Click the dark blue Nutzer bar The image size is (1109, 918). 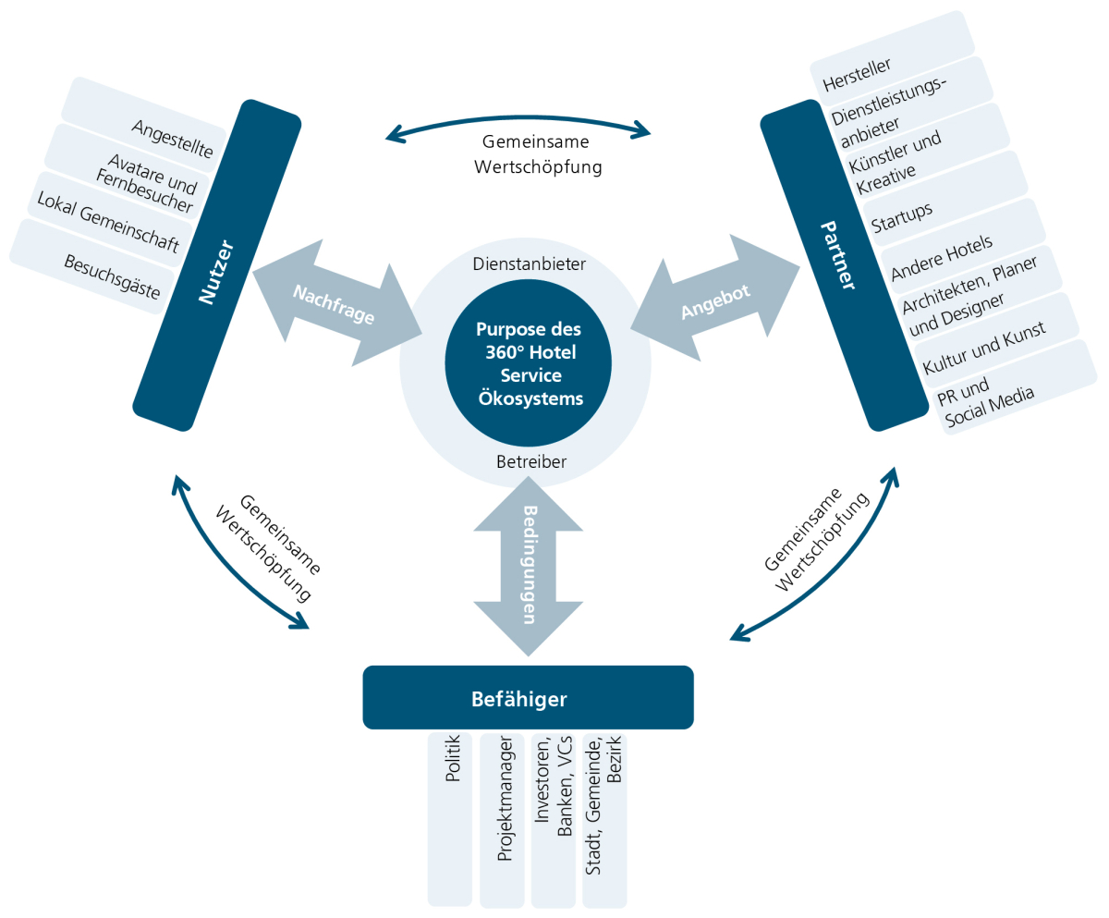tap(218, 265)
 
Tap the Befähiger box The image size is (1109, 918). tap(528, 698)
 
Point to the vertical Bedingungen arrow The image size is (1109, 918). tap(529, 566)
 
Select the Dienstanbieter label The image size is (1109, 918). tap(529, 264)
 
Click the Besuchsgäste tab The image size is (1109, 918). tap(111, 276)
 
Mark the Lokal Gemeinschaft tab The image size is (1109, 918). tap(106, 226)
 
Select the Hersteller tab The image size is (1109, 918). tap(857, 76)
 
